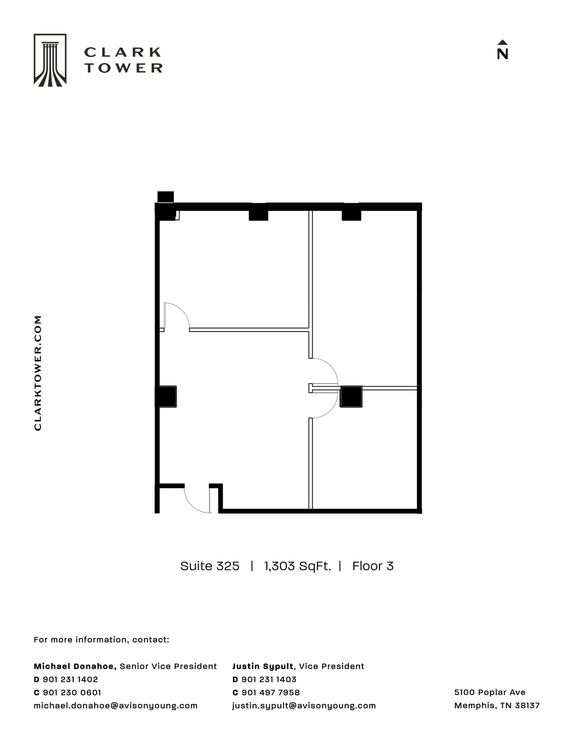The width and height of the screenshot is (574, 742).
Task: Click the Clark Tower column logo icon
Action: click(x=50, y=60)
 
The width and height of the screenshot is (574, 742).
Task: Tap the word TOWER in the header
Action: click(x=124, y=68)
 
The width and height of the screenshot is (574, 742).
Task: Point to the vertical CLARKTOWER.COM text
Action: click(x=38, y=373)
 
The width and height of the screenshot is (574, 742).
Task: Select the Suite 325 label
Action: click(x=210, y=566)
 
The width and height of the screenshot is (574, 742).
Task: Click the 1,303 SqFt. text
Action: click(x=297, y=566)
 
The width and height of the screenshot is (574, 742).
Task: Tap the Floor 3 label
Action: click(x=373, y=566)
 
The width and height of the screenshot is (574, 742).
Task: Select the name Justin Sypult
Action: click(x=263, y=666)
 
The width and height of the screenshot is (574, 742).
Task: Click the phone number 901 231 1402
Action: click(x=70, y=679)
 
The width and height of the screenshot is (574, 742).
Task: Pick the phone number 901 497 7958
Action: click(x=271, y=692)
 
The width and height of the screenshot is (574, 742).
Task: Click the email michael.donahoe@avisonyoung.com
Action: click(x=115, y=705)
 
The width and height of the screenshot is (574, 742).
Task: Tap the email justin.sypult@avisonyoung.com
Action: click(x=304, y=705)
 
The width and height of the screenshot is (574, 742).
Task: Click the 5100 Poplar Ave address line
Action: click(x=490, y=692)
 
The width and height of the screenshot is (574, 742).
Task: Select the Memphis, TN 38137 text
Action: click(x=497, y=705)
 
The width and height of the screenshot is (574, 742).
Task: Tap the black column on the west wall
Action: click(x=166, y=396)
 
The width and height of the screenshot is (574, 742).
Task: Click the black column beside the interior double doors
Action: click(x=351, y=396)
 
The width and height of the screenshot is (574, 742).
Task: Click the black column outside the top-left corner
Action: click(x=165, y=197)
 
